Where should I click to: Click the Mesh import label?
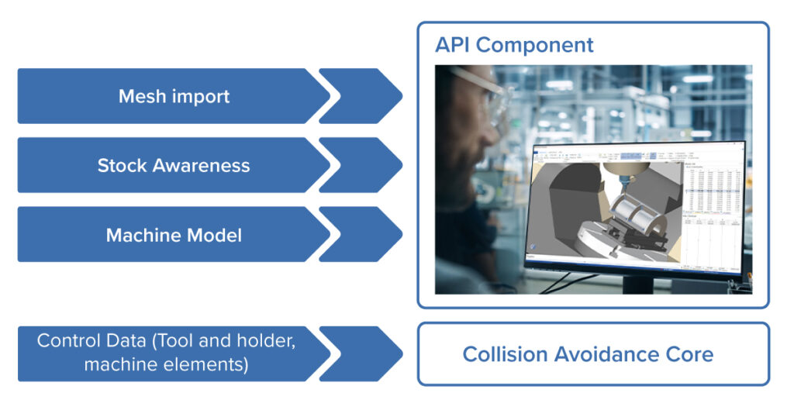tap(174, 97)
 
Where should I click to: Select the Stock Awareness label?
tap(174, 166)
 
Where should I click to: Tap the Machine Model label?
tap(174, 235)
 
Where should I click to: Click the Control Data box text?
tap(166, 353)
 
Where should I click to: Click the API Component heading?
tap(514, 45)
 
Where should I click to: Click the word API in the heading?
tap(453, 45)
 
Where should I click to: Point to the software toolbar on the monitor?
tap(636, 155)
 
